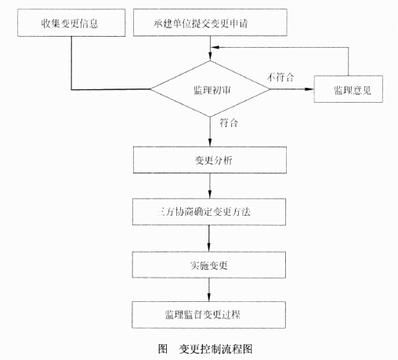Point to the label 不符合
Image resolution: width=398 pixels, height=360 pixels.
point(280,77)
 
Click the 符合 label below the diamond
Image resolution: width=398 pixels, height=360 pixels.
point(229,122)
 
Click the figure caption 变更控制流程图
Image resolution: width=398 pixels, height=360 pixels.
point(215,349)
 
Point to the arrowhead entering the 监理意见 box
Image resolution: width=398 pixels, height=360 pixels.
point(309,89)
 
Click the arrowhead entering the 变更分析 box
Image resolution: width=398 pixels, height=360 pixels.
point(210,142)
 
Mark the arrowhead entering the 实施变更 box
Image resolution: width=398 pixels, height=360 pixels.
point(208,247)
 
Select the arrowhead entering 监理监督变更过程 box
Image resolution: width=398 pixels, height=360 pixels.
point(208,297)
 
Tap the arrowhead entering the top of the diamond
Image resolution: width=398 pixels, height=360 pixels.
point(210,56)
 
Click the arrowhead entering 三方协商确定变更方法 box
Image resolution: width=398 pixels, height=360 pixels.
point(209,195)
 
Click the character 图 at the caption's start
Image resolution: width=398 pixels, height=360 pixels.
point(162,349)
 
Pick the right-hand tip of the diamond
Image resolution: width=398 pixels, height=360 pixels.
point(270,89)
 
